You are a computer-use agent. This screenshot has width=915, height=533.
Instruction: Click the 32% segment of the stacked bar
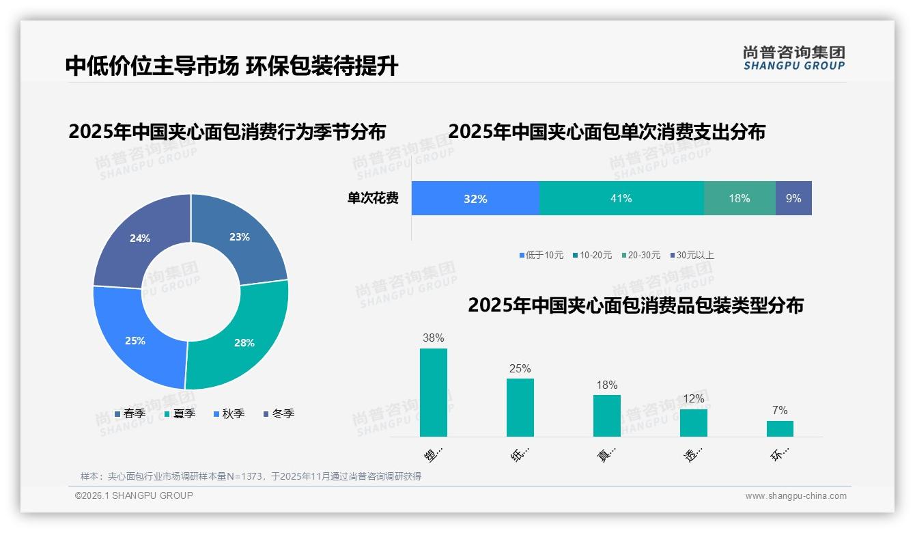(475, 198)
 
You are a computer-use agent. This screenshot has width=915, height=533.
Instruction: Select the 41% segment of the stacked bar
(621, 198)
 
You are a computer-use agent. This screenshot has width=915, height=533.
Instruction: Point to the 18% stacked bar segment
(740, 198)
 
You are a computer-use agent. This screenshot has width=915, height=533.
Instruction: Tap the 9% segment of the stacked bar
(793, 198)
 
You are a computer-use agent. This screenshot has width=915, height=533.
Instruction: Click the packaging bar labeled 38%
(434, 392)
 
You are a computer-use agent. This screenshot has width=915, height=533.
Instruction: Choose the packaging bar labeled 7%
(780, 428)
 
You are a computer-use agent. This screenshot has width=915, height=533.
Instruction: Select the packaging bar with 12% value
(693, 422)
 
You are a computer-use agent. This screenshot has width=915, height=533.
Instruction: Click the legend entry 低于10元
(541, 255)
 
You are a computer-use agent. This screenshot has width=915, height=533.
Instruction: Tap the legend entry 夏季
(180, 413)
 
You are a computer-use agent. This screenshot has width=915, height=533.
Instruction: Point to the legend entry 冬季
(279, 413)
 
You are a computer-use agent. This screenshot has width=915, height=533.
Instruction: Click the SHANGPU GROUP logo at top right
(793, 57)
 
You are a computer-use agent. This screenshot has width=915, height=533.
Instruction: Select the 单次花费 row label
(373, 198)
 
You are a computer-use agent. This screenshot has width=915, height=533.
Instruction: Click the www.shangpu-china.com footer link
(796, 495)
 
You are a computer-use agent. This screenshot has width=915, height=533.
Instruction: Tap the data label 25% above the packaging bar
(520, 368)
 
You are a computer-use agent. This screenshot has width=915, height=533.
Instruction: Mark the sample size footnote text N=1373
(239, 476)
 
